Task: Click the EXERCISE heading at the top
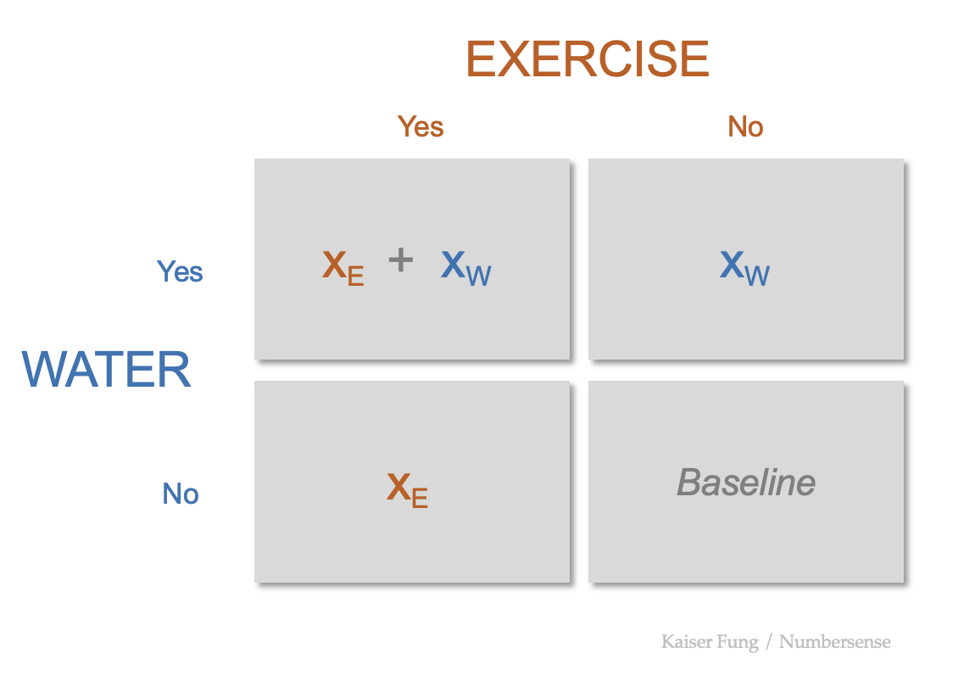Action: (588, 59)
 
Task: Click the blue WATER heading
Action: (107, 370)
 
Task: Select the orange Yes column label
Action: (421, 126)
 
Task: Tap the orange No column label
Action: (745, 126)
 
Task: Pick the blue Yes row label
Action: (180, 271)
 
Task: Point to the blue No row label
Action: (181, 494)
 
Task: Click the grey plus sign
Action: (400, 260)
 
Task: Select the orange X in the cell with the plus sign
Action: (334, 265)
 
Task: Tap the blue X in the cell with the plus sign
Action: (453, 265)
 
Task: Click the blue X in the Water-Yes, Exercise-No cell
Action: (732, 265)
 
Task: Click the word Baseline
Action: (746, 483)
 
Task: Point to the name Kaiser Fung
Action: (710, 641)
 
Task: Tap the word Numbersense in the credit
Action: (835, 641)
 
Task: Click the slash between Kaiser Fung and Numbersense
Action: (769, 641)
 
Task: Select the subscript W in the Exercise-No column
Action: (758, 276)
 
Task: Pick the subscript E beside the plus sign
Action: (355, 276)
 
